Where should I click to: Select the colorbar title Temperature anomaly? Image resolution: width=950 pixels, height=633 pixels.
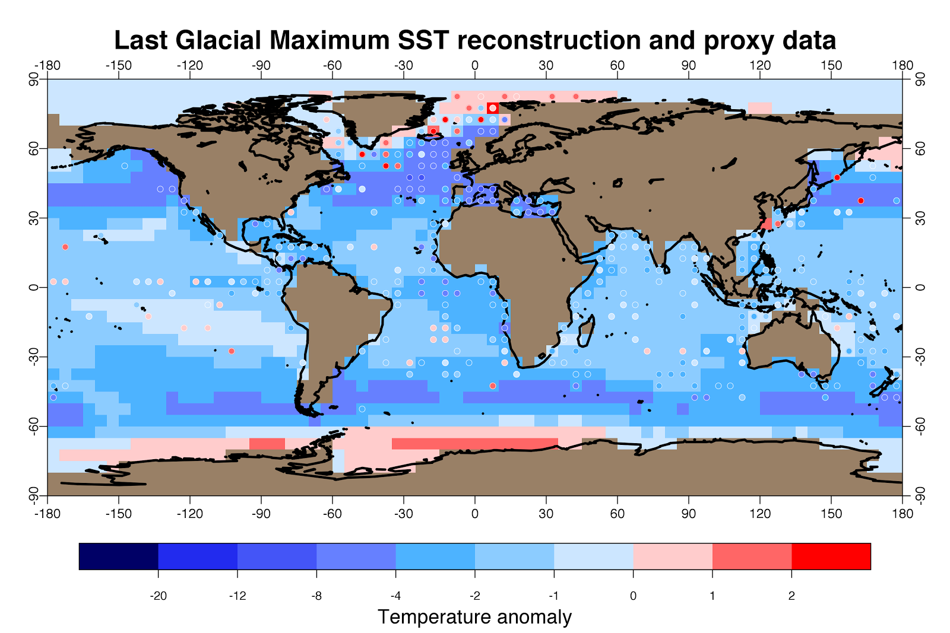(x=474, y=617)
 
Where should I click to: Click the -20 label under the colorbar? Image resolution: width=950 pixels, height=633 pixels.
(x=158, y=596)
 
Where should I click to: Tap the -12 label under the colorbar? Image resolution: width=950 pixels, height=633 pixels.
(x=237, y=596)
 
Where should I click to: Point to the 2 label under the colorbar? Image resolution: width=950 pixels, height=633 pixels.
(x=791, y=596)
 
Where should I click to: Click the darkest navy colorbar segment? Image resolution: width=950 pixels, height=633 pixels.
(x=118, y=556)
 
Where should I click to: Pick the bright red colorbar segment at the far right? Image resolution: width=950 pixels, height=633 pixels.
(x=831, y=556)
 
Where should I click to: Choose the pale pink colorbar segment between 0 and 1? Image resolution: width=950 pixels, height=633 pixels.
(x=672, y=556)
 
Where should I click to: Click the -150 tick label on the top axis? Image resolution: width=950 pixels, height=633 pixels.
(x=118, y=65)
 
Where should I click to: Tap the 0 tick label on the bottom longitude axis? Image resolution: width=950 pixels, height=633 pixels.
(x=474, y=514)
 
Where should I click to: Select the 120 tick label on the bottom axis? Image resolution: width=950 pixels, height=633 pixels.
(x=760, y=514)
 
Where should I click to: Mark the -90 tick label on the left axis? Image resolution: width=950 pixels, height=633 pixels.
(x=34, y=495)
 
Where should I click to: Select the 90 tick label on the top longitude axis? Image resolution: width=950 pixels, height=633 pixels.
(x=689, y=65)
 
